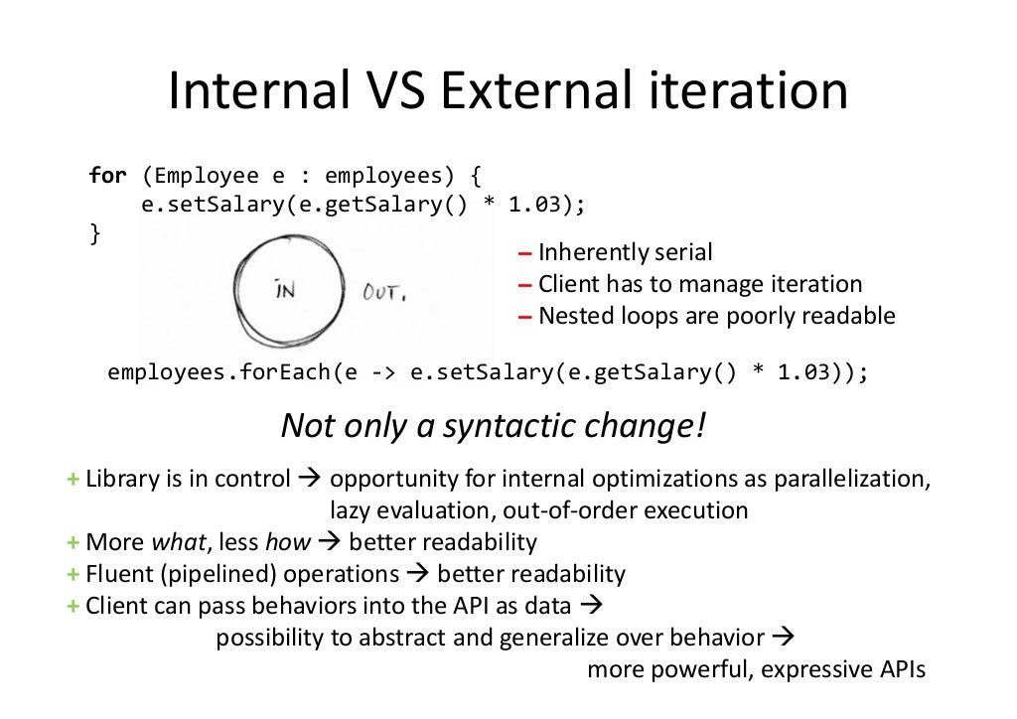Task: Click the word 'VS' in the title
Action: [388, 92]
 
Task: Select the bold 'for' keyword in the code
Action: [107, 177]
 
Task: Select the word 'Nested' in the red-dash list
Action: [572, 316]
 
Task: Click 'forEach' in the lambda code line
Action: [281, 373]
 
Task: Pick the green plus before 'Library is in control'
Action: [73, 479]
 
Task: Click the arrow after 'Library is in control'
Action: [308, 479]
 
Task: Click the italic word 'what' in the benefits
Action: [173, 542]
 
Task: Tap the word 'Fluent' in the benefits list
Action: [116, 574]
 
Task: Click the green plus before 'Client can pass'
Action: [73, 606]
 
